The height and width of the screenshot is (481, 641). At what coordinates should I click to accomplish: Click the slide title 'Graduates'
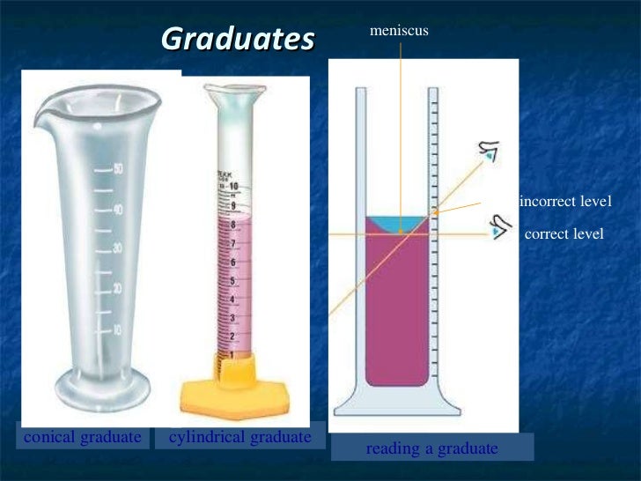click(x=238, y=40)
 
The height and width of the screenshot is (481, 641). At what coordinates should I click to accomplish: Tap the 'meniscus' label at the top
click(x=399, y=31)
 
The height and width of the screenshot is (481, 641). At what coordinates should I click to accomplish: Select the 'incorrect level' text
click(x=565, y=202)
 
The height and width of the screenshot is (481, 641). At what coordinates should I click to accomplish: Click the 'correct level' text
click(x=564, y=234)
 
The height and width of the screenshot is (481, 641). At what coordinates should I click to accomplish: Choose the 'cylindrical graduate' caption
click(x=239, y=437)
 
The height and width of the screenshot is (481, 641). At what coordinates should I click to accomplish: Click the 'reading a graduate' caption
click(x=431, y=448)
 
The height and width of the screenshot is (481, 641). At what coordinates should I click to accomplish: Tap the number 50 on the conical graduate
click(x=117, y=169)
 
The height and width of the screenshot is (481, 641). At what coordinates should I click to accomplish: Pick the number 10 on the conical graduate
click(x=116, y=329)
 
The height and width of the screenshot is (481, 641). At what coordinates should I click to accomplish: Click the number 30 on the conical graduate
click(x=116, y=249)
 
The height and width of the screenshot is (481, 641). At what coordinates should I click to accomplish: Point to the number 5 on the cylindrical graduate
click(x=232, y=281)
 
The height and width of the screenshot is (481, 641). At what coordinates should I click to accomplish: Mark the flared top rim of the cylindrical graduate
click(x=233, y=89)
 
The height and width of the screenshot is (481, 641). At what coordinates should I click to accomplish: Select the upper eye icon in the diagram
click(x=487, y=155)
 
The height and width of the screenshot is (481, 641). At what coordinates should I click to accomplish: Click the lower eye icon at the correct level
click(x=501, y=227)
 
